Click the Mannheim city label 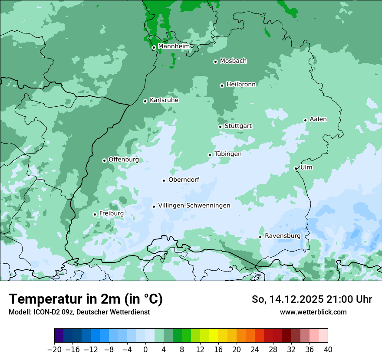[174, 46]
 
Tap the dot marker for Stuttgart [220, 127]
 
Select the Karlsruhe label [164, 100]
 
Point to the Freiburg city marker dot [95, 214]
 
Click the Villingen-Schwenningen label [194, 206]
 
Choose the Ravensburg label [283, 236]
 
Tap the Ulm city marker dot [296, 168]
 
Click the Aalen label [318, 119]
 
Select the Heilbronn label [241, 85]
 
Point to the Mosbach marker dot [215, 62]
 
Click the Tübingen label [228, 154]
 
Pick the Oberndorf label [184, 180]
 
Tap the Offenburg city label [124, 160]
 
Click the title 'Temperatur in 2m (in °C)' [86, 299]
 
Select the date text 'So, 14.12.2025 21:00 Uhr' [312, 299]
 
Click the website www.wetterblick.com [313, 312]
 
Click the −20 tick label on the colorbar [55, 350]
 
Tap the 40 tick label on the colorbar [328, 350]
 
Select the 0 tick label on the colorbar [145, 350]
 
